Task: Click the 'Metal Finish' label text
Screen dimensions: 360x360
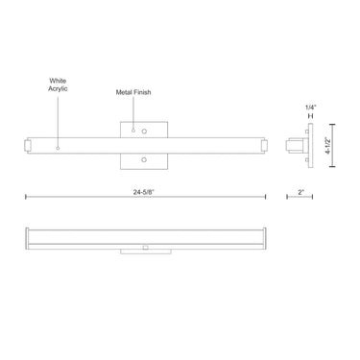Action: coord(131,94)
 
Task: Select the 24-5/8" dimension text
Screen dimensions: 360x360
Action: coord(145,192)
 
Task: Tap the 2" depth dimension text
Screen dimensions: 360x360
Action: coord(301,192)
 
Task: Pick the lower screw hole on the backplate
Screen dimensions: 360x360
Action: coord(145,159)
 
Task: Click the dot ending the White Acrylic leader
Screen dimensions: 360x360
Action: coord(58,149)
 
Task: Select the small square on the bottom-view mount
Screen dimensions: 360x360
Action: coord(145,248)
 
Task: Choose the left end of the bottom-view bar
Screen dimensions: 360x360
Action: coord(27,236)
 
